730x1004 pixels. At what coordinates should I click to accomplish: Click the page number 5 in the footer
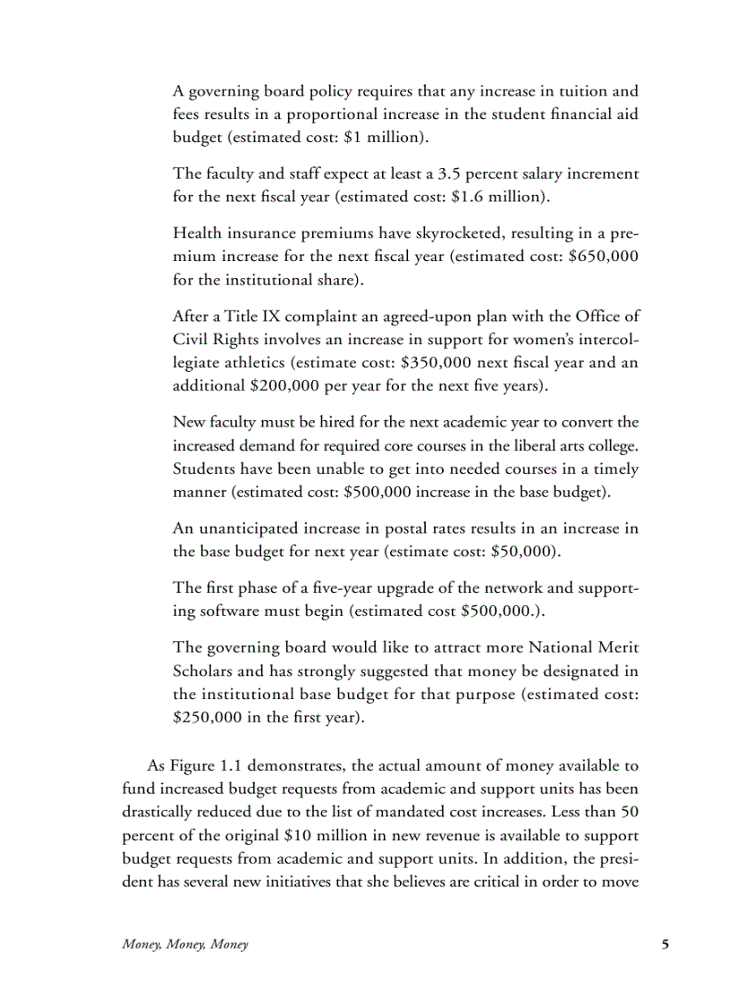click(665, 944)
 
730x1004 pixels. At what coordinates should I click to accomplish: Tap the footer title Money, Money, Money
click(185, 945)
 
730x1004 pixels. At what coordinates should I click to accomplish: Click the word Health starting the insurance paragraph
click(196, 232)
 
